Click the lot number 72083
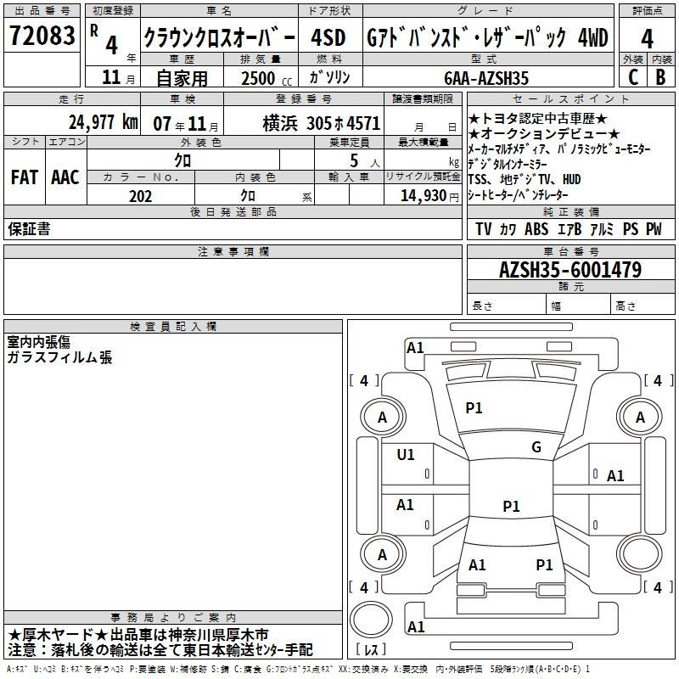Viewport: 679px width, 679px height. (42, 35)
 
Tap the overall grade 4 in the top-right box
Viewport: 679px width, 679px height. (647, 38)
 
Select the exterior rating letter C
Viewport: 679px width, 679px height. (633, 77)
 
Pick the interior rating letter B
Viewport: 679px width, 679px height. (660, 77)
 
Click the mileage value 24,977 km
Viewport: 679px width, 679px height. (104, 122)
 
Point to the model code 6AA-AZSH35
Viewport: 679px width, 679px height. (486, 78)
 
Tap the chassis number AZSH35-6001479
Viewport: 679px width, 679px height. (570, 270)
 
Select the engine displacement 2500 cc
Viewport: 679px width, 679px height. (267, 78)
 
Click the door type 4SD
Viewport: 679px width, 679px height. (328, 37)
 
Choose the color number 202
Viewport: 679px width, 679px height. (140, 196)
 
